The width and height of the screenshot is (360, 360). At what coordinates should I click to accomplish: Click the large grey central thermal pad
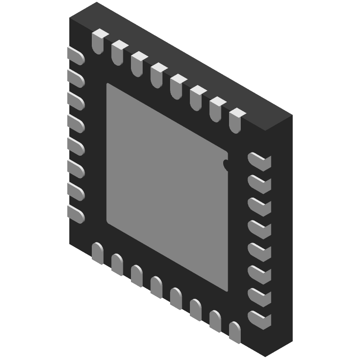166,184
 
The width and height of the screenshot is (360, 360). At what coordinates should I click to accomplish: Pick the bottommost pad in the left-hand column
76,214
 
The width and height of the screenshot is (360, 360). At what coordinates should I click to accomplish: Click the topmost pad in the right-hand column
260,162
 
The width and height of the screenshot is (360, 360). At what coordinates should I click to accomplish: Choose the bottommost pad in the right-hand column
260,319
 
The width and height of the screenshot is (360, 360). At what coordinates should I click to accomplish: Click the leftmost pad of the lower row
97,253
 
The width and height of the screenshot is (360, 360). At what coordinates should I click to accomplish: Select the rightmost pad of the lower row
234,332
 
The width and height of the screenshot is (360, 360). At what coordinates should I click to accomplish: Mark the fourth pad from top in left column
76,123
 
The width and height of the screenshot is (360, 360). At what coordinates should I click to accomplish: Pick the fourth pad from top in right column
260,229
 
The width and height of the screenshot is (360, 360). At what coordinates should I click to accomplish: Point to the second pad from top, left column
76,77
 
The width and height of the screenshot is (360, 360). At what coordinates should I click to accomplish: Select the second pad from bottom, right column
260,296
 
